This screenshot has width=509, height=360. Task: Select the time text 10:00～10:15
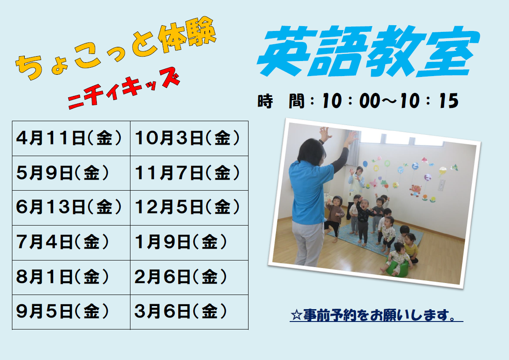(390, 101)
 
